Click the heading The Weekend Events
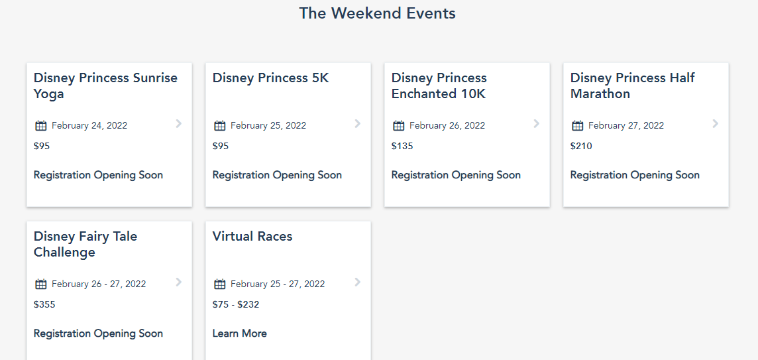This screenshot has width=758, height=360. click(377, 13)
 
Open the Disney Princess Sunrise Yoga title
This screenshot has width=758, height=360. click(105, 86)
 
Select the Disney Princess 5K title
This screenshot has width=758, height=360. click(270, 78)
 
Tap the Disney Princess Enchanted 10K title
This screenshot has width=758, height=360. click(439, 86)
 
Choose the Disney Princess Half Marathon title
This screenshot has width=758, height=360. click(632, 86)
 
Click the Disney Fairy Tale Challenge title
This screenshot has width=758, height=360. click(85, 244)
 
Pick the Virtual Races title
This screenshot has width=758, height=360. click(252, 237)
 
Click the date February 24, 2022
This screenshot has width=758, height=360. click(89, 125)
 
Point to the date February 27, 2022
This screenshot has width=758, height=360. click(626, 125)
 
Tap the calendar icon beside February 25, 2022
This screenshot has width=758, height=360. click(220, 125)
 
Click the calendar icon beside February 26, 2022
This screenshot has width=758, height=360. click(399, 125)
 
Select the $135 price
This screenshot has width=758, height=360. click(402, 146)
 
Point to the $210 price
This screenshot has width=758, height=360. click(581, 146)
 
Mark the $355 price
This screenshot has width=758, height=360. click(44, 304)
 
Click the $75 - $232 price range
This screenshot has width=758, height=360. click(236, 304)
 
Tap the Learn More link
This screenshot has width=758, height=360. click(240, 333)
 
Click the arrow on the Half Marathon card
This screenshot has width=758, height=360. click(715, 123)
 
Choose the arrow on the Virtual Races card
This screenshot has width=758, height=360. click(357, 282)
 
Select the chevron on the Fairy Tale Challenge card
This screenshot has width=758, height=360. click(178, 282)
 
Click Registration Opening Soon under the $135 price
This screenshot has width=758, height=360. click(456, 175)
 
